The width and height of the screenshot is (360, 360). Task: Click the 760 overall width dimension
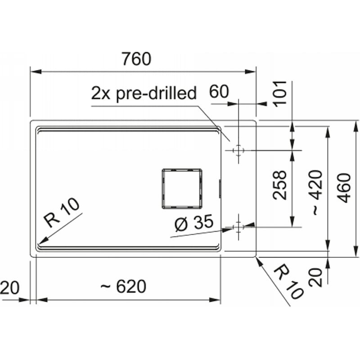point(136,59)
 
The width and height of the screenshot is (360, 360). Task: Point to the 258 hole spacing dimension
point(279,185)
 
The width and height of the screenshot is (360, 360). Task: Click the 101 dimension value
point(279,94)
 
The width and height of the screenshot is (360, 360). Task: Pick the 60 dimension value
point(219,91)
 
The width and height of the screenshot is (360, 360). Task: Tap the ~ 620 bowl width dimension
point(123,286)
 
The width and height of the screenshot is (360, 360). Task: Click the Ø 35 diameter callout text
point(194,223)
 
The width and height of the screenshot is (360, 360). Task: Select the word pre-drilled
point(156,94)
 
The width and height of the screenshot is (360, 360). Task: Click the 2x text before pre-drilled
point(101,93)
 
